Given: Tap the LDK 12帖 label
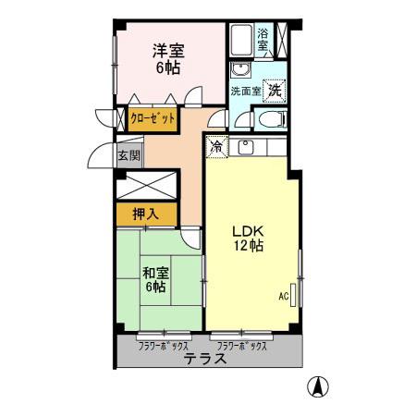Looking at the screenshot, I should [x=248, y=238].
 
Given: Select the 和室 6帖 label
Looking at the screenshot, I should [x=154, y=280].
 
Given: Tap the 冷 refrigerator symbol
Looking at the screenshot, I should [x=215, y=146].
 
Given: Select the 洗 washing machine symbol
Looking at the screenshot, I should [x=275, y=90].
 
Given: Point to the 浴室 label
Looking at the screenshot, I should [x=263, y=39].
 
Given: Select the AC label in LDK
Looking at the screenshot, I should [x=284, y=297].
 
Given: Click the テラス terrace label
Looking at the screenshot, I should [x=204, y=359].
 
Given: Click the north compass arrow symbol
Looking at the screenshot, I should [x=317, y=388].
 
